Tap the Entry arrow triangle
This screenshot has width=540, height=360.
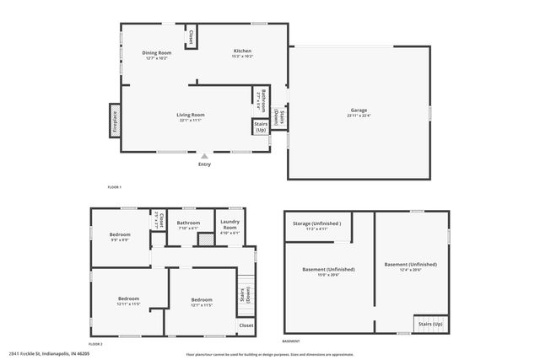click(x=204, y=156)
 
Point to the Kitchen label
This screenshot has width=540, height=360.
click(x=242, y=52)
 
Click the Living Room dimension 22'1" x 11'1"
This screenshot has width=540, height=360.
click(x=191, y=121)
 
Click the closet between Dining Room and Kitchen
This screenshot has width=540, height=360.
click(x=191, y=38)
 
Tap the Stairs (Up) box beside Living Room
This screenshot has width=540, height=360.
click(x=260, y=127)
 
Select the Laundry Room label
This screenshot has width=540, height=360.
click(x=229, y=225)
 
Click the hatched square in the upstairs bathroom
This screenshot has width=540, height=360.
click(x=205, y=239)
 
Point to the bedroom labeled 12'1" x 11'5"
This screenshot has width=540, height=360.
click(x=201, y=302)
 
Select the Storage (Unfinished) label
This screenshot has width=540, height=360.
click(x=317, y=224)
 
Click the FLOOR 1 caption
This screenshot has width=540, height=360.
click(x=115, y=186)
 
